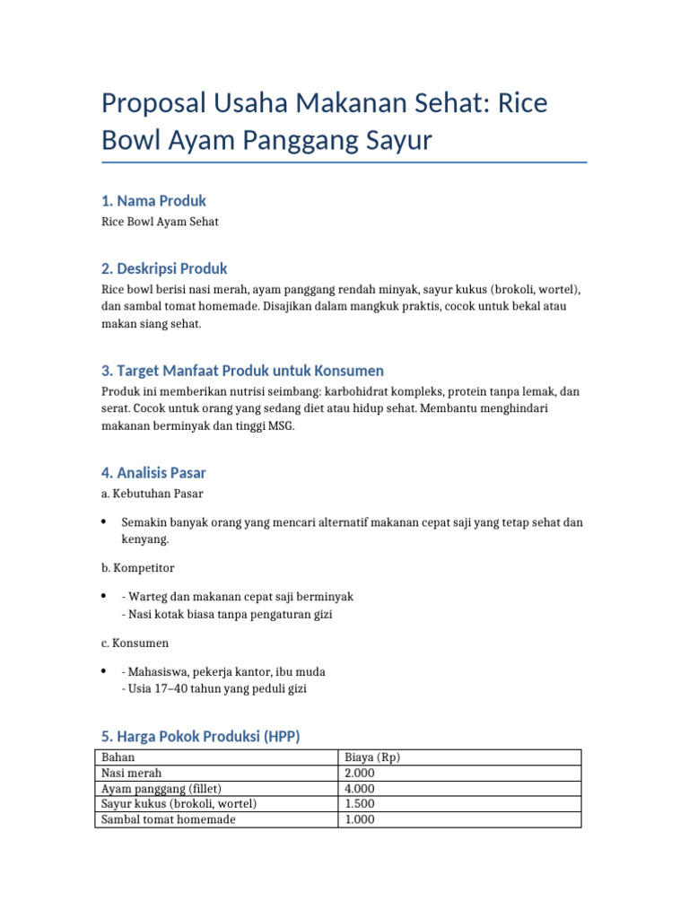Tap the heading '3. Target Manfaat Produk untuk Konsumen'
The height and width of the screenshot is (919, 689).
pos(242,370)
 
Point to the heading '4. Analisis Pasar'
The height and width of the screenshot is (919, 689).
pos(153,472)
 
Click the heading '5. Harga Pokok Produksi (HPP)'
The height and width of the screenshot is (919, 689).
pos(200,736)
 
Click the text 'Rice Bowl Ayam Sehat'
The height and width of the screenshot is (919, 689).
pos(160,222)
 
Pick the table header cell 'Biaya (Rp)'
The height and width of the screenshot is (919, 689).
pos(372,757)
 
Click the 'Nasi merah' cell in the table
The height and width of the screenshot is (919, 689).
pos(132,773)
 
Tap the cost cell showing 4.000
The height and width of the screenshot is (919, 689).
pos(360,788)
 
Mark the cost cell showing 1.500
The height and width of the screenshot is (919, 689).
pos(360,803)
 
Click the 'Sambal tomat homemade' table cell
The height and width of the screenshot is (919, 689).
pos(169,819)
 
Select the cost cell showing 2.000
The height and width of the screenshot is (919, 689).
pos(360,773)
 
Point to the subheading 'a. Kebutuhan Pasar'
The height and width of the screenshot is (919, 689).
pos(152,494)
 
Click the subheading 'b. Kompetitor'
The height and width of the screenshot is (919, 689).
pos(137,568)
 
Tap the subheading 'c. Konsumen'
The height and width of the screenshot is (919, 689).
pos(135,643)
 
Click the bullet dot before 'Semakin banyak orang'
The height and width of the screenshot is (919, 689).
pos(104,521)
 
